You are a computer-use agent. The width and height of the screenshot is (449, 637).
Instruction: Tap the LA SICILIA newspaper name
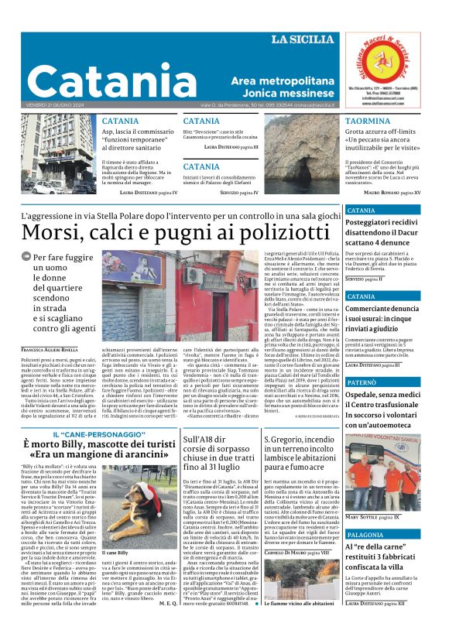point(304,40)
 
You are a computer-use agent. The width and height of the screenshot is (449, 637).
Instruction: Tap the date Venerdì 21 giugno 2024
point(57,104)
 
